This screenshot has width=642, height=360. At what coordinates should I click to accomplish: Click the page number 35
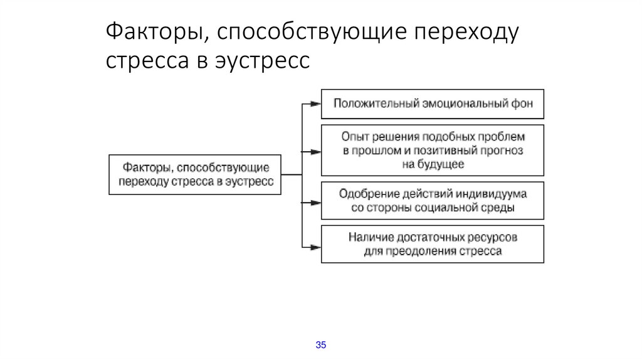click(321, 345)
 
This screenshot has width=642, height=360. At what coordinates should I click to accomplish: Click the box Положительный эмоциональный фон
click(433, 103)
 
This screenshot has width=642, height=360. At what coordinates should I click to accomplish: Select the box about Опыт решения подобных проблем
click(433, 150)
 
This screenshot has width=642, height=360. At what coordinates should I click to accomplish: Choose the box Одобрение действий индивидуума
click(433, 201)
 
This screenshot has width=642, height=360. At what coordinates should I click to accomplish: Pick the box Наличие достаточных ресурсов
click(433, 244)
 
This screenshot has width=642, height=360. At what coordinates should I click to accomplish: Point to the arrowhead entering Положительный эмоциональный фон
click(317, 103)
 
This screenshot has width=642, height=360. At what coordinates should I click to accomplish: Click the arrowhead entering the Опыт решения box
click(317, 151)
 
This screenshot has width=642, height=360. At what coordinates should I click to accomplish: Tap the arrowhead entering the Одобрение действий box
click(317, 202)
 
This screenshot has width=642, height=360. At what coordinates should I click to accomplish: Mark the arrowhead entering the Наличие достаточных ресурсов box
click(317, 245)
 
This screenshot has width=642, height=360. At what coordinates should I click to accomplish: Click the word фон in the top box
click(522, 103)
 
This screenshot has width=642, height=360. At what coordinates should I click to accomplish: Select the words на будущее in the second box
click(433, 164)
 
